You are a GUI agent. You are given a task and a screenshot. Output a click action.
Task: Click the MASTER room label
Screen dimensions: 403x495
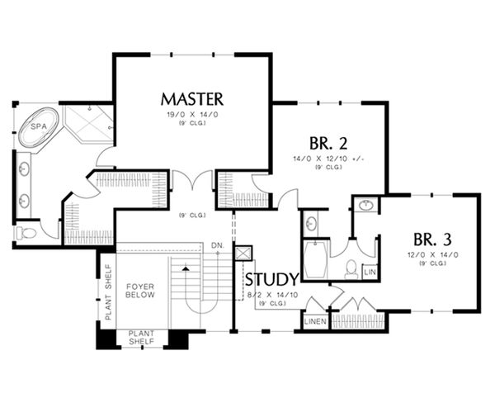tap(192, 100)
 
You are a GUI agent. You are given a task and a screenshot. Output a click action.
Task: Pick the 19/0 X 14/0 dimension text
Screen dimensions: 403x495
tap(192, 116)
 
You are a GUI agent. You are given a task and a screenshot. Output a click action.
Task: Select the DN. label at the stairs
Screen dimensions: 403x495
tap(218, 245)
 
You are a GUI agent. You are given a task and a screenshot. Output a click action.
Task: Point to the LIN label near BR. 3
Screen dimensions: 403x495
tap(370, 271)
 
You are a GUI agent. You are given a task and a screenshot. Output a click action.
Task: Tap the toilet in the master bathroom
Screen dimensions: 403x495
tap(24, 233)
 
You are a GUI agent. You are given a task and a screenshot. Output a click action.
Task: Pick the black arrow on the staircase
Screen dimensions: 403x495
tap(186, 268)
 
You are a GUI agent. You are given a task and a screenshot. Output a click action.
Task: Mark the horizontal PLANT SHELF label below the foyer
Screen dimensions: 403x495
tap(144, 339)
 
